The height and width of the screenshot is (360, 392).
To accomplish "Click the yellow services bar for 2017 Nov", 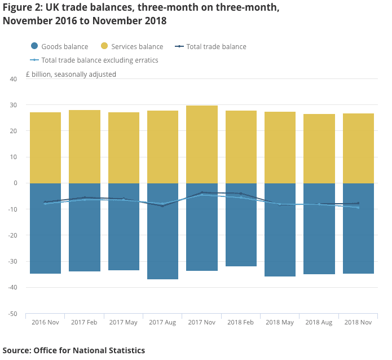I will (202, 144).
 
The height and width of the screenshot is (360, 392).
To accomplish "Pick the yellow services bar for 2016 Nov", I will (45, 148).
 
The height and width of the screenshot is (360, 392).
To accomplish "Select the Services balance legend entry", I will (131, 47).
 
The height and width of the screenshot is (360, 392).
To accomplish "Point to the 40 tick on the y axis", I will (13, 79).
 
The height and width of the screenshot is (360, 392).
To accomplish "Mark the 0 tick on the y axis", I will (15, 183).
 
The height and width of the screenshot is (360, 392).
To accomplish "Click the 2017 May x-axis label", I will (124, 323).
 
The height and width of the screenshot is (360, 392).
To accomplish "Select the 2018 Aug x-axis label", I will (319, 323).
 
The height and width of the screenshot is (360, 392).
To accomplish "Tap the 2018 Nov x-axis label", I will (358, 323).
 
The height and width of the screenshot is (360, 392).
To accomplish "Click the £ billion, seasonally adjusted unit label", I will (71, 74).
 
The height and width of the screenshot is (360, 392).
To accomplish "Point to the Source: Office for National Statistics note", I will (74, 350).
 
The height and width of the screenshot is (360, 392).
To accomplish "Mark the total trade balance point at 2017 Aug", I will (163, 206).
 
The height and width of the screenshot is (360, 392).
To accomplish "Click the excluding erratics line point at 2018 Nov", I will (358, 208).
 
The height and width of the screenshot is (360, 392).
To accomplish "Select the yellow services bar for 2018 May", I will (280, 147).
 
